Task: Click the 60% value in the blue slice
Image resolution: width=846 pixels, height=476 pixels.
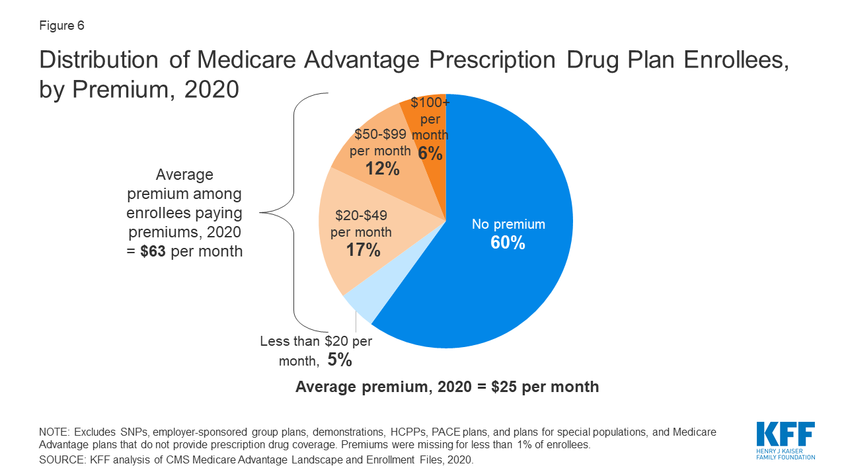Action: (x=508, y=243)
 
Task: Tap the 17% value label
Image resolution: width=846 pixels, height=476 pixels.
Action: (x=363, y=250)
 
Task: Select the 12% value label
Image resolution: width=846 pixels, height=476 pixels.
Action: (x=383, y=169)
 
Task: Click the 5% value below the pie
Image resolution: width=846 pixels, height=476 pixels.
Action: (x=340, y=360)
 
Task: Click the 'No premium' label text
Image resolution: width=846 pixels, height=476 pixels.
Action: (x=508, y=224)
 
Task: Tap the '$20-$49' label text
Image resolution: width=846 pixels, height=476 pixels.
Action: (x=361, y=215)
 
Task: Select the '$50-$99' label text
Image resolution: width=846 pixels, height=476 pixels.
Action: (x=380, y=134)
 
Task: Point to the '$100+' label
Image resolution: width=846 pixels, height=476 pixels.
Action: (x=430, y=103)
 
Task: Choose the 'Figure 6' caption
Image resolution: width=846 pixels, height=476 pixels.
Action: (x=61, y=26)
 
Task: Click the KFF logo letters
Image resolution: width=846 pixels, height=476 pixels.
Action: (x=785, y=436)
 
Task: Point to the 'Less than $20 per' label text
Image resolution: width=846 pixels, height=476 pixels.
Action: (x=316, y=342)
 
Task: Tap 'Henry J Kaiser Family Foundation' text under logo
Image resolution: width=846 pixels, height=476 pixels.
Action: (x=785, y=454)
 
